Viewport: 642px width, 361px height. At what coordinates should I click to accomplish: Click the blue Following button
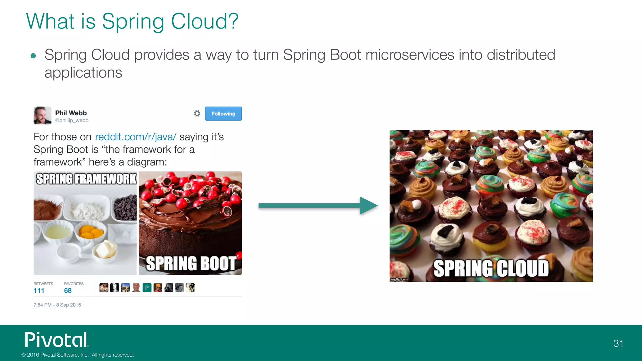pyautogui.click(x=223, y=113)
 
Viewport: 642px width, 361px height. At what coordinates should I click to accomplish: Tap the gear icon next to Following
pyautogui.click(x=197, y=113)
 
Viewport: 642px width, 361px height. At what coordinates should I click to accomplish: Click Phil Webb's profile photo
pyautogui.click(x=42, y=115)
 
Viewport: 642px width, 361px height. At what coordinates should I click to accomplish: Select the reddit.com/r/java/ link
pyautogui.click(x=135, y=137)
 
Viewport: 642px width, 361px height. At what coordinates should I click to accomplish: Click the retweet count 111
pyautogui.click(x=39, y=290)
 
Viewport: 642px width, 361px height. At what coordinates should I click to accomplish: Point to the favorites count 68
pyautogui.click(x=68, y=290)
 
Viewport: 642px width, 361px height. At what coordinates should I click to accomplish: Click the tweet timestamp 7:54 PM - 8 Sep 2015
pyautogui.click(x=57, y=305)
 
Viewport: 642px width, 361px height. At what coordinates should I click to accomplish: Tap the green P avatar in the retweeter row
pyautogui.click(x=147, y=288)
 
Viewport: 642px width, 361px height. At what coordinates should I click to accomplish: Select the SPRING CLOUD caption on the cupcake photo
pyautogui.click(x=491, y=269)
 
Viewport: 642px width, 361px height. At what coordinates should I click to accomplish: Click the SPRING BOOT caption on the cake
pyautogui.click(x=191, y=263)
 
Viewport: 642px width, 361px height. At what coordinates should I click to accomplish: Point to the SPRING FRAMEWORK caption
pyautogui.click(x=86, y=179)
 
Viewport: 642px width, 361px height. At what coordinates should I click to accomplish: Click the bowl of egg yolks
pyautogui.click(x=91, y=233)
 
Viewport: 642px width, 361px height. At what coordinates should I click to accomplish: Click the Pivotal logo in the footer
pyautogui.click(x=57, y=340)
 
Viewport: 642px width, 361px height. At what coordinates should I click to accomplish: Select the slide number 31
pyautogui.click(x=618, y=343)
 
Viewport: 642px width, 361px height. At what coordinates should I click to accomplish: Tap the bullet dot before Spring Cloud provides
pyautogui.click(x=33, y=56)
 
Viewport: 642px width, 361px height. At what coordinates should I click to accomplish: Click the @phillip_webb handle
pyautogui.click(x=72, y=121)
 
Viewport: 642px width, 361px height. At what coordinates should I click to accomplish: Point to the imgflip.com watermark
pyautogui.click(x=399, y=279)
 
